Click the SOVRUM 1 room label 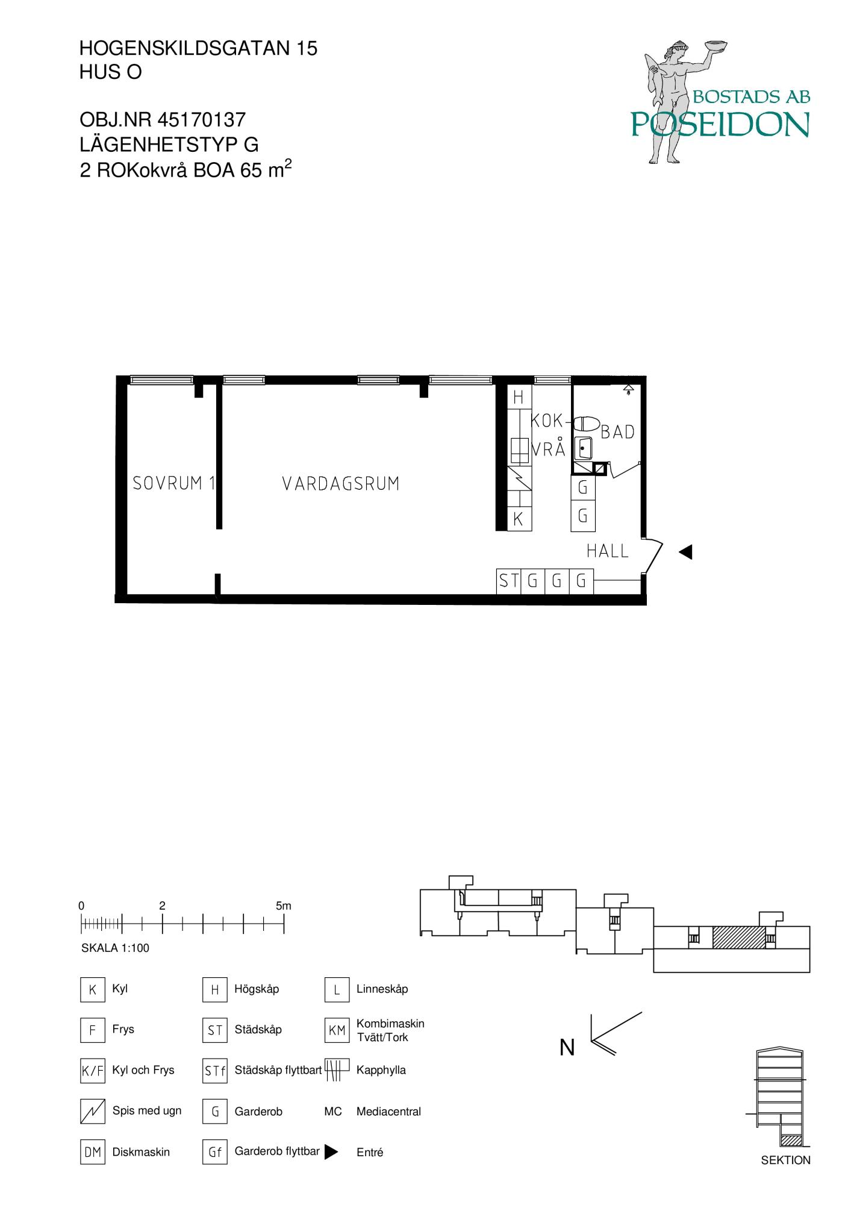(x=174, y=483)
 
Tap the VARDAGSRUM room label (x=341, y=484)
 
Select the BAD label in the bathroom (x=618, y=432)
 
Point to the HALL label (x=608, y=551)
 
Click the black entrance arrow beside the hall (x=685, y=552)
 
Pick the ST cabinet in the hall (x=508, y=581)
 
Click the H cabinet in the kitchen (x=519, y=397)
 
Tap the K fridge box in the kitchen (x=519, y=519)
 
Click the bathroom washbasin (x=582, y=448)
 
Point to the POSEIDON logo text (x=720, y=124)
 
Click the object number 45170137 (x=201, y=120)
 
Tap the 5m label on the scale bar (x=284, y=906)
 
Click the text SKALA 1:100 (x=115, y=948)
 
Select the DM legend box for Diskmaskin (x=93, y=1152)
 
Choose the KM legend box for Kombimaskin (x=337, y=1030)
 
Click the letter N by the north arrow (x=567, y=1048)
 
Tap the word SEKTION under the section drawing (x=786, y=1160)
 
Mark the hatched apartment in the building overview (x=739, y=937)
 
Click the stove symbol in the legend (x=93, y=1112)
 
